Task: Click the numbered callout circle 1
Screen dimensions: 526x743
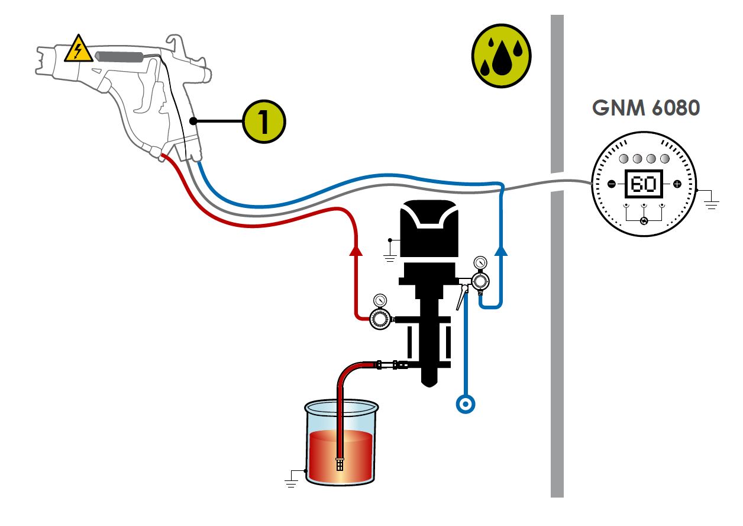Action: click(264, 121)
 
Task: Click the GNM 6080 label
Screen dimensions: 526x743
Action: click(645, 108)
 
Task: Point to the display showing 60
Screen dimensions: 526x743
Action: click(644, 184)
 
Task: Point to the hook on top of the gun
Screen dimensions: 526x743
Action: click(173, 43)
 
